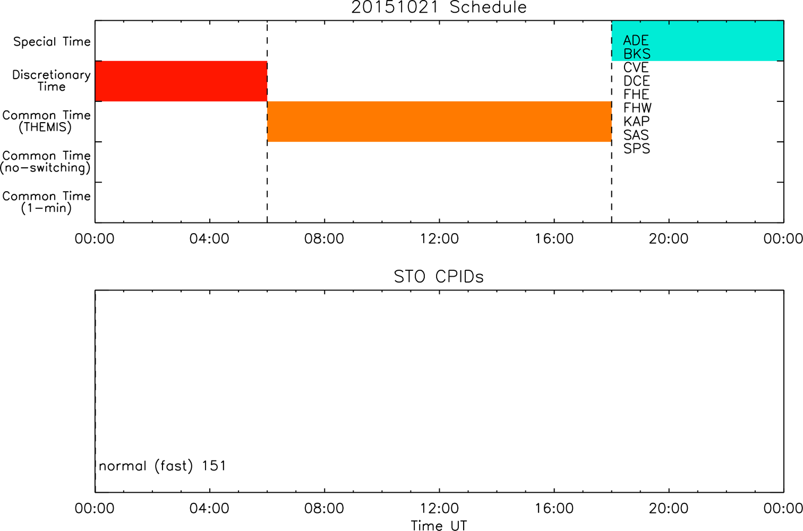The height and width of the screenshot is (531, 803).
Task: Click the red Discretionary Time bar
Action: [x=181, y=81]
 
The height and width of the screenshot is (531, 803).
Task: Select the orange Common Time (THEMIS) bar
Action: [x=440, y=122]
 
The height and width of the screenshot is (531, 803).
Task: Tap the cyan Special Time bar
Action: [x=698, y=40]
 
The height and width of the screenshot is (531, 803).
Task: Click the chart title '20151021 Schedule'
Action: [x=439, y=7]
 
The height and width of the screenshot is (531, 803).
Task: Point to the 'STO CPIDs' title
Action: [x=439, y=277]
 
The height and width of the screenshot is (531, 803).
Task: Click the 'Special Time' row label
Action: [x=52, y=41]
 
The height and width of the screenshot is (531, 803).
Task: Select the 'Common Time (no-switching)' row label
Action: [x=46, y=162]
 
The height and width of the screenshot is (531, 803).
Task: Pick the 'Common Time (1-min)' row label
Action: [x=47, y=202]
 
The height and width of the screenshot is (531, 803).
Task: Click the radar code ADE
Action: [x=636, y=40]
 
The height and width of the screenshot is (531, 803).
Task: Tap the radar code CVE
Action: [x=636, y=67]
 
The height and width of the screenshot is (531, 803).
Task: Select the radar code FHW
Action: [x=637, y=108]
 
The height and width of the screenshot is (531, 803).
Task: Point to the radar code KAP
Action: [x=636, y=121]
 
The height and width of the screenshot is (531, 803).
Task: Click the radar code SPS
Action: [x=637, y=149]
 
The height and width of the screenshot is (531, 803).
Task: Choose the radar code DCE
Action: [x=637, y=81]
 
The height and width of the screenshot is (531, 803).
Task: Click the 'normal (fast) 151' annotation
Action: [x=163, y=466]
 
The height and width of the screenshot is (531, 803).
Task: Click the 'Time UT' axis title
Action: [x=439, y=525]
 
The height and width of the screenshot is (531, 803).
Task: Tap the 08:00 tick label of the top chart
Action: [x=324, y=239]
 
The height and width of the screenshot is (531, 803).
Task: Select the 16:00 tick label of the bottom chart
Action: [x=554, y=508]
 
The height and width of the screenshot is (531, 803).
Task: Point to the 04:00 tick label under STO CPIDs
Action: [x=209, y=508]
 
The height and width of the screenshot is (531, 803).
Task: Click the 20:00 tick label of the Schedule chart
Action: [x=669, y=239]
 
